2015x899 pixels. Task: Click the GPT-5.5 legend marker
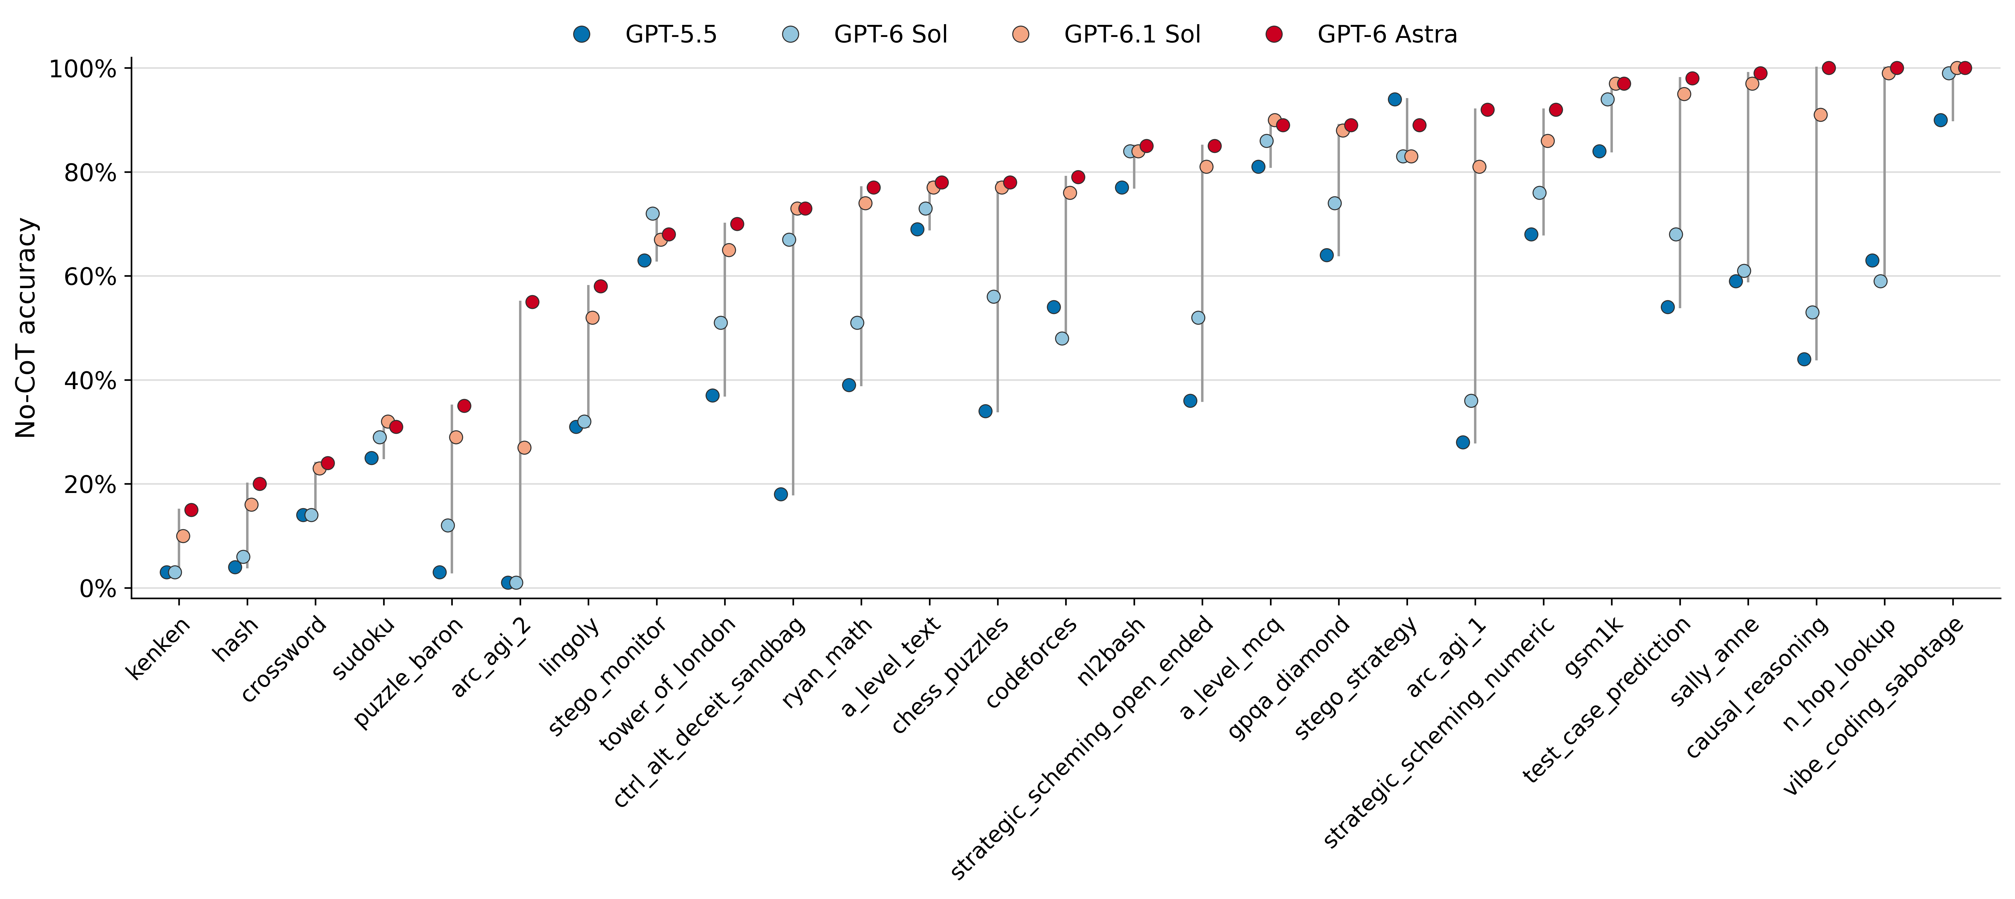tap(581, 35)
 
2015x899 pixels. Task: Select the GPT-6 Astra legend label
tap(1387, 35)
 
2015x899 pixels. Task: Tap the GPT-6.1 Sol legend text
tap(1132, 35)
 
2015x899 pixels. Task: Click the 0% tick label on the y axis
tap(98, 588)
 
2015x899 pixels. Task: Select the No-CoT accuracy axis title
tap(26, 328)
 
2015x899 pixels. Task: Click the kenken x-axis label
tap(158, 648)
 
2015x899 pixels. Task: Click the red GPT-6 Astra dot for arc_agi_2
tap(532, 302)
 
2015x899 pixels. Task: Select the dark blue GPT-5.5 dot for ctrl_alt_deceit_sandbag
tap(781, 494)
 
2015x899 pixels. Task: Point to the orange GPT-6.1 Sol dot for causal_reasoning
tap(1820, 115)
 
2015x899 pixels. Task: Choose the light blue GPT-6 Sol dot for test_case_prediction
tap(1675, 235)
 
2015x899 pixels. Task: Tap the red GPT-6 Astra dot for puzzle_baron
tap(464, 406)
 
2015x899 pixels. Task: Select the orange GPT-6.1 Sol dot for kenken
tap(183, 536)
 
